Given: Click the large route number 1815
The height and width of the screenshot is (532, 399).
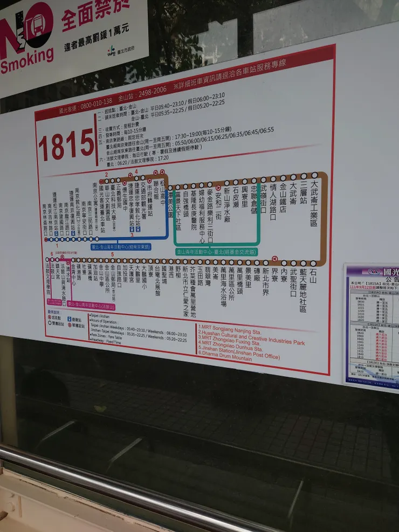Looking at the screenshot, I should [66, 145].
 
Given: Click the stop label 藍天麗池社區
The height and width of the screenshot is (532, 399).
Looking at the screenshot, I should [303, 291].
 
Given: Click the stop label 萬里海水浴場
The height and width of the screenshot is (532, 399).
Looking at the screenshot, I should [223, 288].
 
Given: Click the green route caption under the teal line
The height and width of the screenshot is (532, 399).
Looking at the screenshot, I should [216, 251].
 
